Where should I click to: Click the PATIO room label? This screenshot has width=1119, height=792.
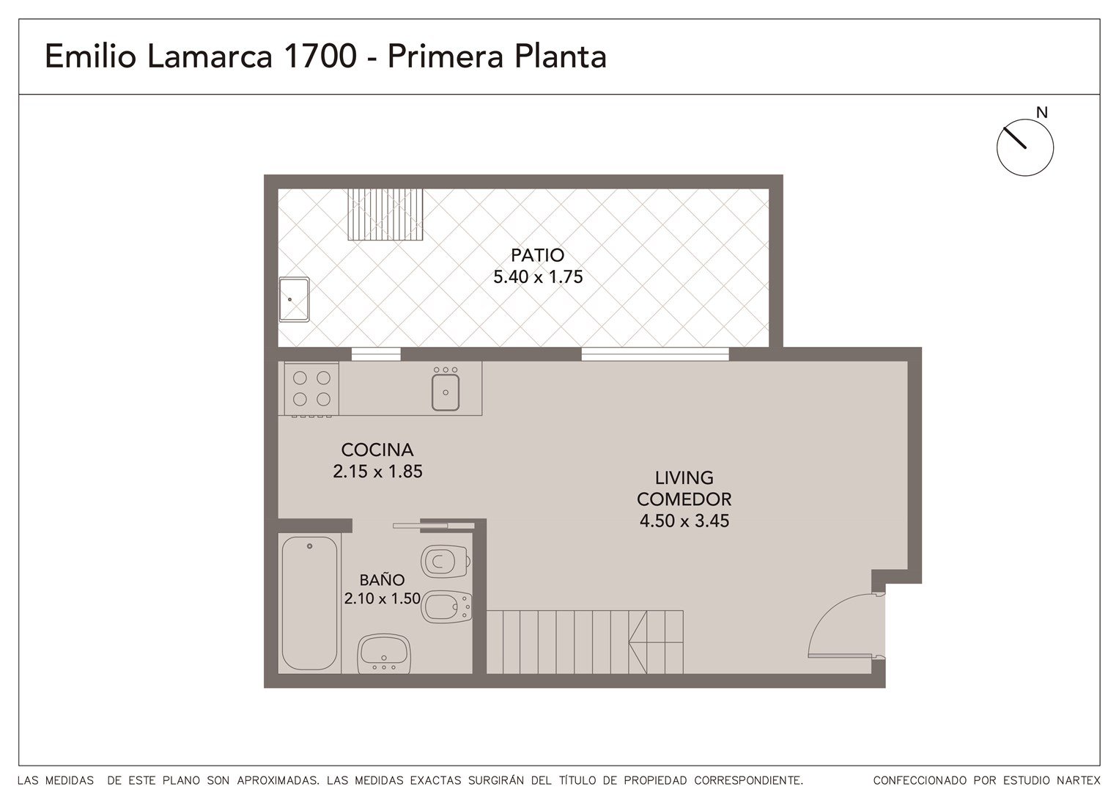(538, 255)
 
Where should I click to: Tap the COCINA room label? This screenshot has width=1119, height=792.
(377, 450)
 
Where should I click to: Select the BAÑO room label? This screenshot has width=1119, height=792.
(382, 580)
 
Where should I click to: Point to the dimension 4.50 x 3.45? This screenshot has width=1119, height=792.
(684, 521)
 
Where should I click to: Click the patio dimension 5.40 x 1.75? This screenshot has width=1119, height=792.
(538, 277)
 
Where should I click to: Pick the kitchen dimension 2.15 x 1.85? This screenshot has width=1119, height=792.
(377, 472)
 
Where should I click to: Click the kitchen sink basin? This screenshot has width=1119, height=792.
(446, 392)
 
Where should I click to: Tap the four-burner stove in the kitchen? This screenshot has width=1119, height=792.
(311, 389)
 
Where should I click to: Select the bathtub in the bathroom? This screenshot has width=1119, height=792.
(310, 603)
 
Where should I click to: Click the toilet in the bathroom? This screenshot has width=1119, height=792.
(446, 561)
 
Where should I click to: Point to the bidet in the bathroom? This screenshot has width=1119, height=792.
(446, 607)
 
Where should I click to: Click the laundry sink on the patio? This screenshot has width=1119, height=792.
(294, 299)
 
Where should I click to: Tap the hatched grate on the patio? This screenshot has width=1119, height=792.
(385, 214)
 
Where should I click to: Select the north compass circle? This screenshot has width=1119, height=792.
(1024, 147)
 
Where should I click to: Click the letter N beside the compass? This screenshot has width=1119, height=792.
(1041, 113)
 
